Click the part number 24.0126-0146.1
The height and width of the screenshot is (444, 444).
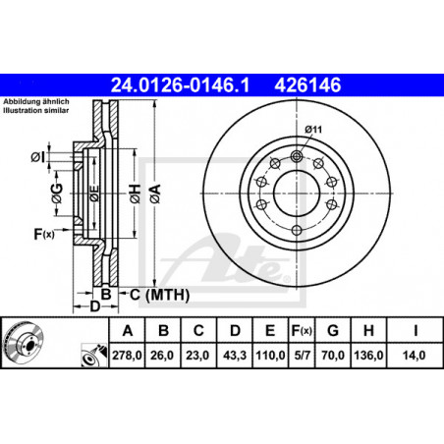click(180, 84)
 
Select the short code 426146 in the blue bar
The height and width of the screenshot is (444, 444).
click(307, 84)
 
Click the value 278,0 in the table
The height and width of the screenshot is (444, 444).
click(127, 356)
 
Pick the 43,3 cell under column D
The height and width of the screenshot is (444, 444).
click(235, 356)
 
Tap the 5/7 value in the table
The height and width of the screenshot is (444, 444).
click(302, 356)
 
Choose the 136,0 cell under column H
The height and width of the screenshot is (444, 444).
click(368, 356)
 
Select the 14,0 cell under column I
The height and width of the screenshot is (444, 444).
click(415, 356)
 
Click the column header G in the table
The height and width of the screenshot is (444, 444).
click(333, 331)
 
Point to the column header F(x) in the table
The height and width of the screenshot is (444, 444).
click(302, 331)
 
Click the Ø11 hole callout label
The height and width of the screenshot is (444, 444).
click(313, 130)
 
